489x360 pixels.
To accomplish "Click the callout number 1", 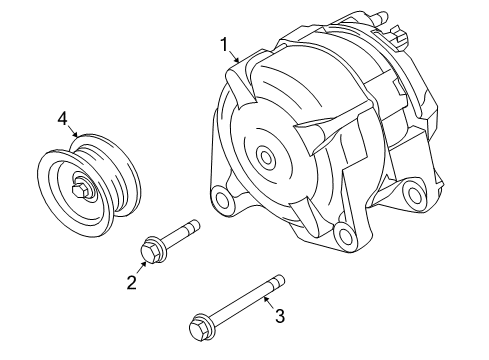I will [x=225, y=43].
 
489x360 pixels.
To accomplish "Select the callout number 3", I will [x=280, y=316].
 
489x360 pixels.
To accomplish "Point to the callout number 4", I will [x=62, y=119].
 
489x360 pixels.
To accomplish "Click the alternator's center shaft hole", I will [x=265, y=156].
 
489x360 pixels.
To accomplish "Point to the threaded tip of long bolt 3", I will [x=280, y=281].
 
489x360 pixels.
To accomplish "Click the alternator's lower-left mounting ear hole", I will [x=219, y=197].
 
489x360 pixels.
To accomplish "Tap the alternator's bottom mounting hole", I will [x=345, y=238].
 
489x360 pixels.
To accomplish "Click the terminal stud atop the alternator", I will [x=379, y=16].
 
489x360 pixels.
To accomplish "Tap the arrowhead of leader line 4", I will [x=77, y=136].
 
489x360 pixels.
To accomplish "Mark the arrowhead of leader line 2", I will [x=146, y=263].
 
